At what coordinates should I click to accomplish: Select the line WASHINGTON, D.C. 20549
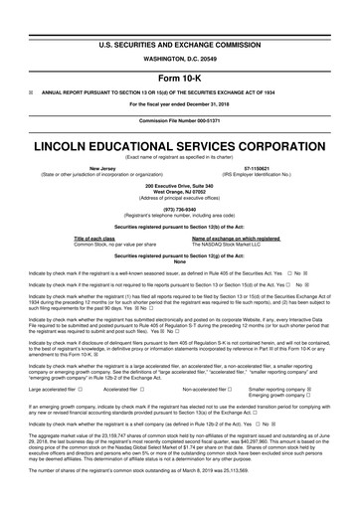pos(180,36)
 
